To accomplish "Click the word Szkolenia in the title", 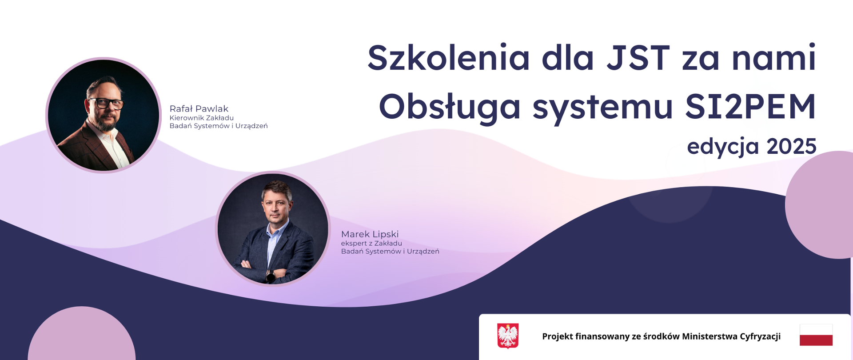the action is point(449,58).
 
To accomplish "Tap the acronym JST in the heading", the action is point(638,58).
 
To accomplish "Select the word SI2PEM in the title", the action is point(750,107).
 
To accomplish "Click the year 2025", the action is point(792,146).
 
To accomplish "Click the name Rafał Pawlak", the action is point(199,108).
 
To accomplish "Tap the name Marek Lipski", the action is point(370,234).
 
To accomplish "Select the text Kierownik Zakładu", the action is point(202,118).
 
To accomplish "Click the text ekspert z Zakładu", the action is point(371,243).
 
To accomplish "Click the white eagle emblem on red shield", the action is point(508,336).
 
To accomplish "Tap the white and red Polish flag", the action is point(816,335).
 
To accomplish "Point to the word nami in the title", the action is point(774,58).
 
